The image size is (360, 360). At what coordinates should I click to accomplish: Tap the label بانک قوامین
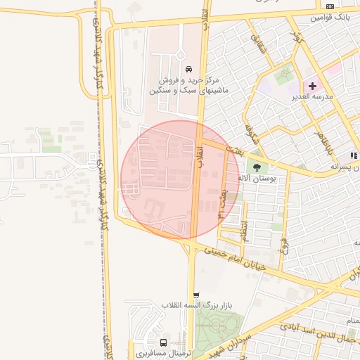(x=330, y=15)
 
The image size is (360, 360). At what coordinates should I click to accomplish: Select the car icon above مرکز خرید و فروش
(x=188, y=69)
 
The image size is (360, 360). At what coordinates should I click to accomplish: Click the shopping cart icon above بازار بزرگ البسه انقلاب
(x=196, y=295)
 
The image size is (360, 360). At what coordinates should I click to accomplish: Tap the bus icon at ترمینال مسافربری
(x=163, y=342)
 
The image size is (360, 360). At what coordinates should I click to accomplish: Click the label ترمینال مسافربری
(x=161, y=353)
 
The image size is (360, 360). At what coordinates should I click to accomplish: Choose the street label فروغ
(x=283, y=247)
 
